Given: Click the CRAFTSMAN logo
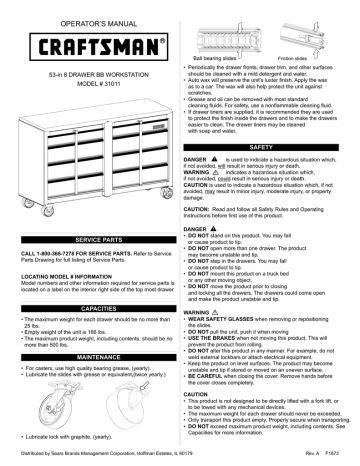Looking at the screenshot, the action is click(88, 47).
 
